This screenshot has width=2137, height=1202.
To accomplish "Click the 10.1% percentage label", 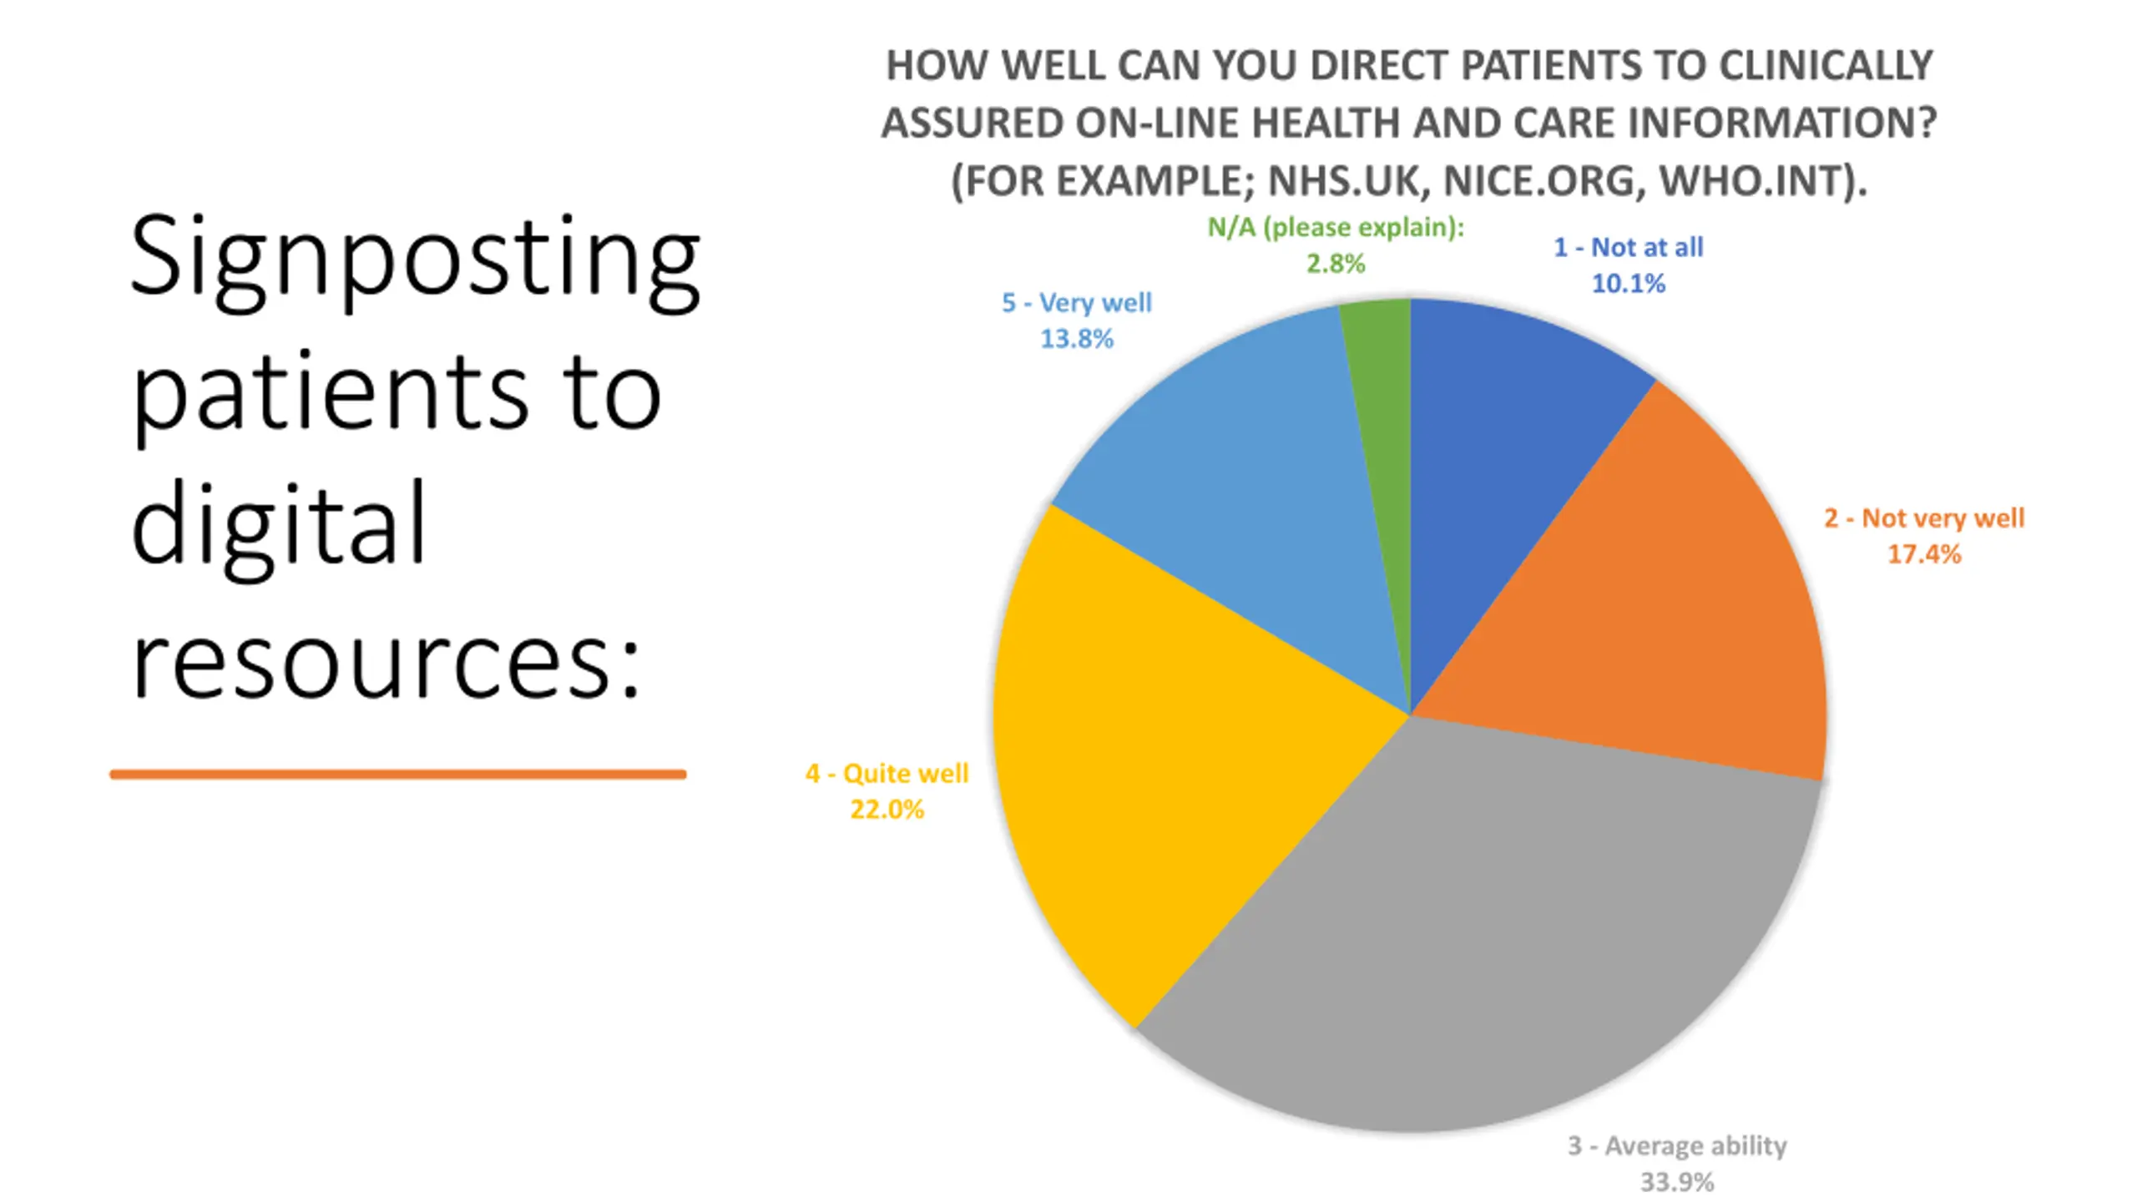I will pos(1628,284).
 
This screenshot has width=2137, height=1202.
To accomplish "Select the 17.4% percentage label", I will pos(1923,554).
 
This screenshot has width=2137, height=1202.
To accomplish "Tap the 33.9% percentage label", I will pos(1676,1182).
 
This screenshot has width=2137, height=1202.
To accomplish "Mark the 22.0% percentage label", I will pos(887,810).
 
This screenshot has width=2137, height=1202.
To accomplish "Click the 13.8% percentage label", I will pos(1076,339).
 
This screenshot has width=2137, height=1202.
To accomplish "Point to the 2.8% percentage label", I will pos(1335,264).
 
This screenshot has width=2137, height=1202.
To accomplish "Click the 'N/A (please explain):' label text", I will pos(1336,227).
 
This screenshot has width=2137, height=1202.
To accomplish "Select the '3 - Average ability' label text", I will pos(1676,1146).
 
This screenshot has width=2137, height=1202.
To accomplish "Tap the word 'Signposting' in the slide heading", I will pos(415,259).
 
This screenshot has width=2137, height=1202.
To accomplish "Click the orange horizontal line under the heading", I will pos(397,775).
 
